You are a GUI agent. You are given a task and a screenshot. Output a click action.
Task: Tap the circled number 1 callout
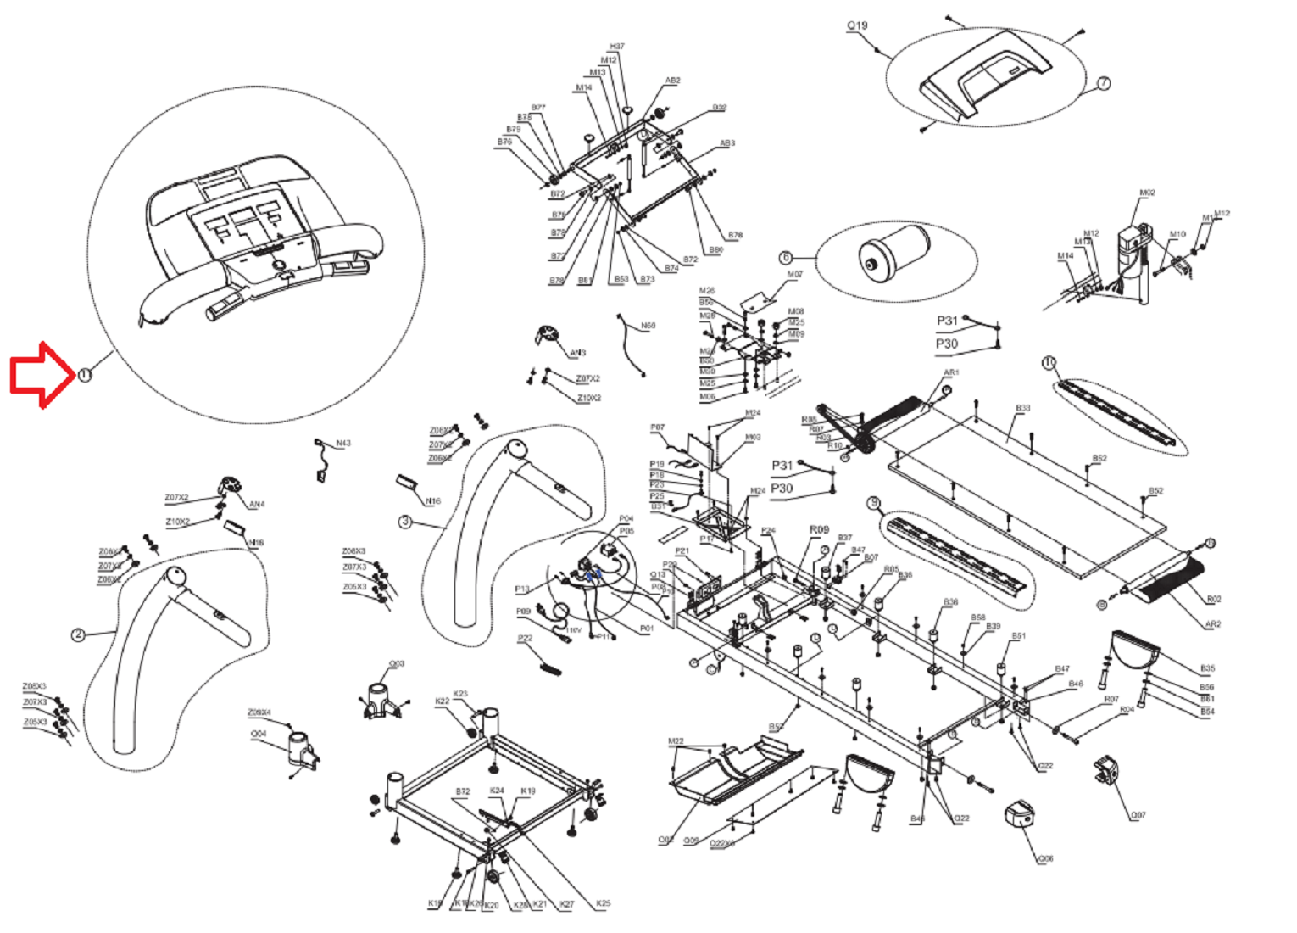[84, 375]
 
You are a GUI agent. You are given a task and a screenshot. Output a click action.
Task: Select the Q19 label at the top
[857, 26]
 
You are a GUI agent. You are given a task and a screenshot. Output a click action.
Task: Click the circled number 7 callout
[1103, 83]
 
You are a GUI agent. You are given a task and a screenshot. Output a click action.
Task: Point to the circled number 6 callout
[786, 257]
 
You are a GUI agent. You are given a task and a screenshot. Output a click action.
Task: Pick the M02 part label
[1146, 193]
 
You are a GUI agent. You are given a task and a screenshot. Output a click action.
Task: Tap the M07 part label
[794, 275]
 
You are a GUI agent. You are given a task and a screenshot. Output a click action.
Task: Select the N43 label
[342, 444]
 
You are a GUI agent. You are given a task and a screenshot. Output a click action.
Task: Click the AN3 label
[577, 353]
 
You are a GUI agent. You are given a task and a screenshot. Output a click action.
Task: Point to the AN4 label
[256, 505]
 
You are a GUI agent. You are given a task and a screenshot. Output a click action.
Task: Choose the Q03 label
[397, 664]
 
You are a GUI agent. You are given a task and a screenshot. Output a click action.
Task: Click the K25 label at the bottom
[603, 903]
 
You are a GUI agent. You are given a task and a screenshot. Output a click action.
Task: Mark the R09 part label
[819, 530]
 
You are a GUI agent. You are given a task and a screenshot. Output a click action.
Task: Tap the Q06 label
[1045, 859]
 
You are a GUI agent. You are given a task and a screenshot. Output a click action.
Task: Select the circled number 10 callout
[1049, 363]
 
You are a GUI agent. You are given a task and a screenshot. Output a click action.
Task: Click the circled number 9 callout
[874, 503]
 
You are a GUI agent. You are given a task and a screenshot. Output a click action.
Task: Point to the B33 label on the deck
[1023, 409]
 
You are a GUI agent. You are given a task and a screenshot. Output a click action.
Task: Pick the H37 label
[616, 47]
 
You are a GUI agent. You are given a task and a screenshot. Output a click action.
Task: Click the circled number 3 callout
[405, 522]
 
